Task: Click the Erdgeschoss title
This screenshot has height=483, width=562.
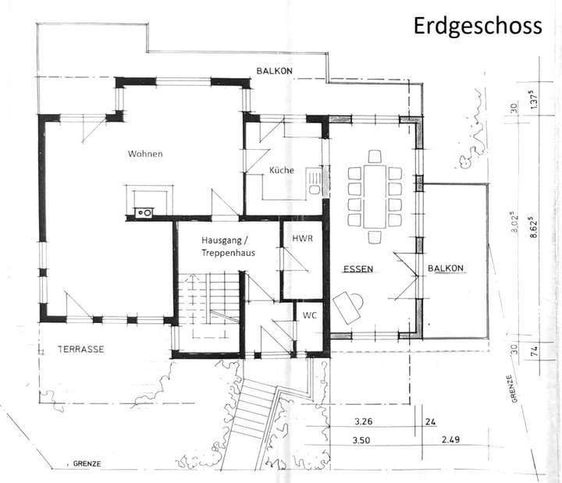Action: tap(478, 27)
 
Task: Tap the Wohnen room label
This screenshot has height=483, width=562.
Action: tap(145, 154)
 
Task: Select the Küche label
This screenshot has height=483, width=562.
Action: tap(282, 169)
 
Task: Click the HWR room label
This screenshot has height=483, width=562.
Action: tap(302, 238)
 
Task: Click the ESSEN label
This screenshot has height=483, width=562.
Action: tap(358, 269)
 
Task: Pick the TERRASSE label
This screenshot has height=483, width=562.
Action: tap(80, 350)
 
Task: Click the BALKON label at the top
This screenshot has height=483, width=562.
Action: tap(274, 72)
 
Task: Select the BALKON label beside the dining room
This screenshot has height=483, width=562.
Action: tap(445, 269)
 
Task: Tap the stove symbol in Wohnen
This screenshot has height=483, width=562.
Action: tap(144, 211)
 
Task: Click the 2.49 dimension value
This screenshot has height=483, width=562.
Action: tap(450, 441)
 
